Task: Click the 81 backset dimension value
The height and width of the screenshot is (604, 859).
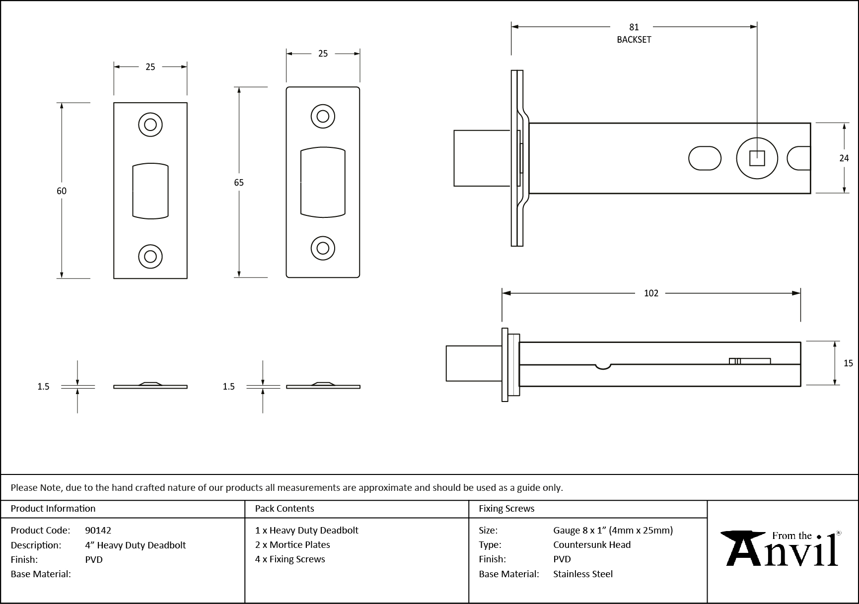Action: [634, 27]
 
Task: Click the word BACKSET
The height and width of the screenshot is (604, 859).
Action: [634, 40]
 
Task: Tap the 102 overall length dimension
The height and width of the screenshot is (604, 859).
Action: [650, 293]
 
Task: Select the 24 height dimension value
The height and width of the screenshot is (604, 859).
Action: [844, 158]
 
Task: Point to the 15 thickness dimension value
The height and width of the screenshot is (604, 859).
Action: [848, 363]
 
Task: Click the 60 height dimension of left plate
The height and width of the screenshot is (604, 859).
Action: [61, 191]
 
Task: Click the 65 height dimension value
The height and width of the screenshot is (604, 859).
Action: [239, 183]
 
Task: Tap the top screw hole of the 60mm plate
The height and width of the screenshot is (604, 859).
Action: [150, 124]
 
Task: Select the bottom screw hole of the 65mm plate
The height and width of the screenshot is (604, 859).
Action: [323, 248]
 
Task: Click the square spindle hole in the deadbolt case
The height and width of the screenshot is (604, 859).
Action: [757, 158]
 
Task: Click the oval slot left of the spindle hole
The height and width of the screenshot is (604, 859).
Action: [705, 158]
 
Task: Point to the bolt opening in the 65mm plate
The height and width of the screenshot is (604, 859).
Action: [323, 182]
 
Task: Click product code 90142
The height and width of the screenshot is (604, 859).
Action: [98, 530]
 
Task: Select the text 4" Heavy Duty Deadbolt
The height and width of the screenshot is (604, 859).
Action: [135, 545]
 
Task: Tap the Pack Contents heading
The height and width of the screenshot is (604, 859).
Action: [284, 509]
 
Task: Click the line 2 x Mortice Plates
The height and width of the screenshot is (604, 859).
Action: [292, 544]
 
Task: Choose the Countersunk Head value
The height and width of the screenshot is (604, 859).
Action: [592, 544]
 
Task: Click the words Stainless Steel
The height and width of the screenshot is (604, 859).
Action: [583, 574]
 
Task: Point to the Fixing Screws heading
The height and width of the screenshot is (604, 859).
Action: [506, 509]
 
